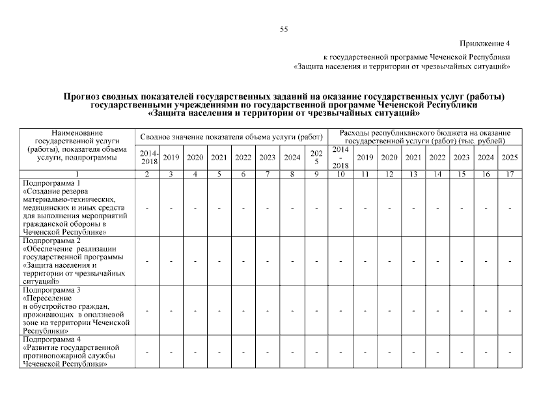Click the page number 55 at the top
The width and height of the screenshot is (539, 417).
[x=283, y=29]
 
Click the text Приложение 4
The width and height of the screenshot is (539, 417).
[x=485, y=44]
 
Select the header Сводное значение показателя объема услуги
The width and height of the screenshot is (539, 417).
[x=231, y=137]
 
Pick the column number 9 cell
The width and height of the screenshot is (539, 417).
[x=316, y=175]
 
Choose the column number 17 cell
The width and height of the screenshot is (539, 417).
[x=510, y=175]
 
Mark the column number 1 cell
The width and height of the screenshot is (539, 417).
[x=77, y=175]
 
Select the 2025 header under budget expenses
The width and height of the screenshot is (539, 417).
[x=510, y=158]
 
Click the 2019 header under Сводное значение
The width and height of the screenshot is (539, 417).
[x=171, y=158]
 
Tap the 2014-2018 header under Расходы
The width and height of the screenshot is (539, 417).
[x=340, y=158]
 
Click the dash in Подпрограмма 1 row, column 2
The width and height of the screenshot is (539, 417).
[x=148, y=207]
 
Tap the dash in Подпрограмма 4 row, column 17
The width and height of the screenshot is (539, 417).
[x=510, y=352]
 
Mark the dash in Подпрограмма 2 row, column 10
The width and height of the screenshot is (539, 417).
[x=340, y=261]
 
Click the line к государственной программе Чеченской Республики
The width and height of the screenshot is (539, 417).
[x=417, y=57]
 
